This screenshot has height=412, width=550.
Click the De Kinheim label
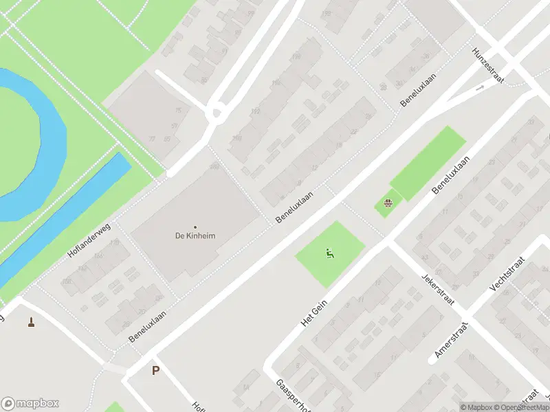(x=195, y=236)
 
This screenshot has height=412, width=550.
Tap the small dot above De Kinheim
(x=195, y=227)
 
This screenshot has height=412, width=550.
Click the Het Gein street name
(x=313, y=312)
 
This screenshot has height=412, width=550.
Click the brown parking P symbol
(x=155, y=371)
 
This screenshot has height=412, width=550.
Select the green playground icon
(x=330, y=254)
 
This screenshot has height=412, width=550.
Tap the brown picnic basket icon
(x=388, y=203)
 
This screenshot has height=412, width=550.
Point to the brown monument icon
(x=31, y=321)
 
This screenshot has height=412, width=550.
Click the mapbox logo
(x=30, y=404)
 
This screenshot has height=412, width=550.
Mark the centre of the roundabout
(x=218, y=111)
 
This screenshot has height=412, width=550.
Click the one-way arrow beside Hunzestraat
(x=479, y=88)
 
